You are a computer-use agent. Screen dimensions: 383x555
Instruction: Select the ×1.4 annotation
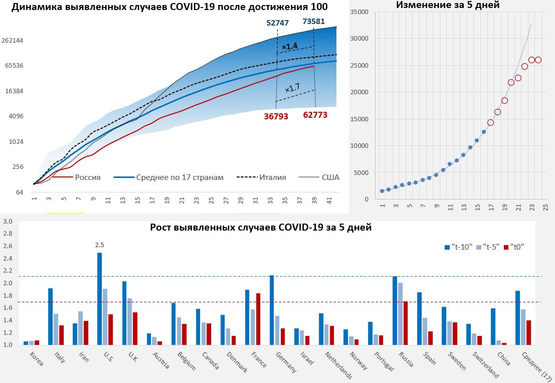point(289,47)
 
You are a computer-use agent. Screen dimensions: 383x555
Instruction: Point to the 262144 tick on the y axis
point(14,41)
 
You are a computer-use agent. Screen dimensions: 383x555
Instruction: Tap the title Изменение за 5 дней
point(448,6)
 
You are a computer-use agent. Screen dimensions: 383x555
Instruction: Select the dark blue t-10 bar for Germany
point(272,310)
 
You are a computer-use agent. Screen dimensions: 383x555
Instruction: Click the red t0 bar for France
point(259,319)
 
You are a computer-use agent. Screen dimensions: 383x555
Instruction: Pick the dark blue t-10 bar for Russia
point(395,310)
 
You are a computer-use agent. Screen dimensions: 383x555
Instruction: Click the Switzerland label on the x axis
point(486,365)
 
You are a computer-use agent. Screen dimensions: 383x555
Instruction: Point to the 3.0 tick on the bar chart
point(8,222)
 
